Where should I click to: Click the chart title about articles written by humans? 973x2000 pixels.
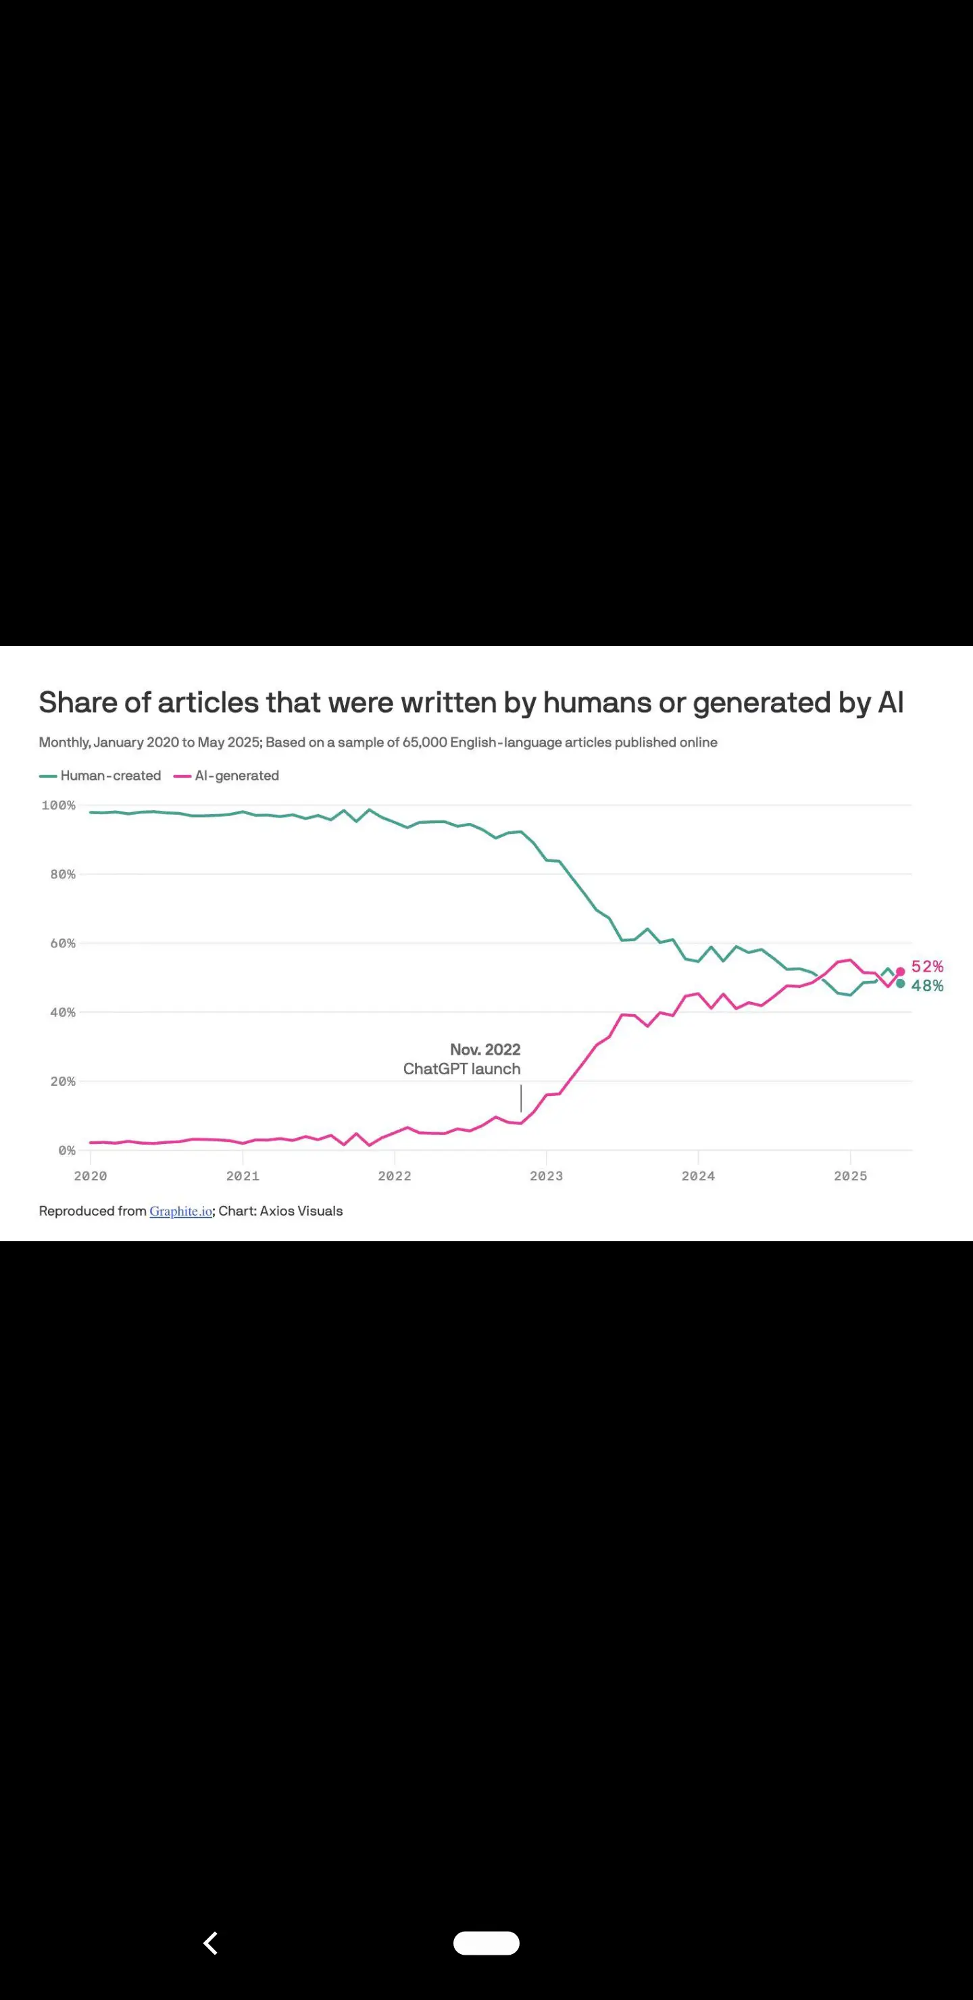pyautogui.click(x=470, y=703)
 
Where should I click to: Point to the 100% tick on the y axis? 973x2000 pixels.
pyautogui.click(x=58, y=806)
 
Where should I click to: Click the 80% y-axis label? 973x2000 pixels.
pyautogui.click(x=62, y=874)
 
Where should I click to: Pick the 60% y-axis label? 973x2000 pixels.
pyautogui.click(x=62, y=943)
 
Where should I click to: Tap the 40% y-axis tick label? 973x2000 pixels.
pyautogui.click(x=62, y=1012)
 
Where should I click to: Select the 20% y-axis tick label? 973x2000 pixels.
pyautogui.click(x=62, y=1082)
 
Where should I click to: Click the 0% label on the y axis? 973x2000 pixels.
pyautogui.click(x=66, y=1151)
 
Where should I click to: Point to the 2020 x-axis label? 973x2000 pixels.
pyautogui.click(x=90, y=1176)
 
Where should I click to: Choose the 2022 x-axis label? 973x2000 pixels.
pyautogui.click(x=395, y=1176)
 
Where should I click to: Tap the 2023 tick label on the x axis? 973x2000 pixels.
pyautogui.click(x=546, y=1176)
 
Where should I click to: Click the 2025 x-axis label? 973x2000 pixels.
pyautogui.click(x=850, y=1176)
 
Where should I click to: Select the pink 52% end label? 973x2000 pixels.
pyautogui.click(x=927, y=967)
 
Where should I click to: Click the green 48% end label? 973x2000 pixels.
pyautogui.click(x=927, y=986)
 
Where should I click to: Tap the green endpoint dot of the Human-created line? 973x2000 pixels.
pyautogui.click(x=901, y=984)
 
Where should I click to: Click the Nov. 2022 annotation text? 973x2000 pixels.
pyautogui.click(x=484, y=1050)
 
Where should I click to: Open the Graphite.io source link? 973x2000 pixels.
pyautogui.click(x=181, y=1211)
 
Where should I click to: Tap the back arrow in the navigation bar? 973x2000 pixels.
pyautogui.click(x=210, y=1943)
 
